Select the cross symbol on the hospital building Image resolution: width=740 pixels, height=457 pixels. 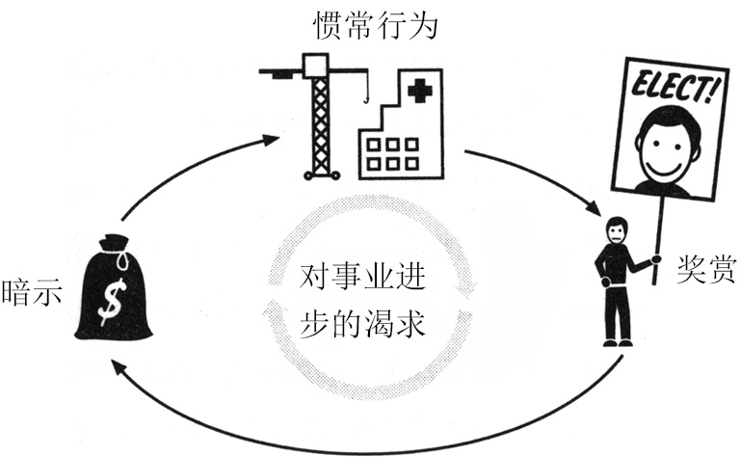(x=417, y=94)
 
